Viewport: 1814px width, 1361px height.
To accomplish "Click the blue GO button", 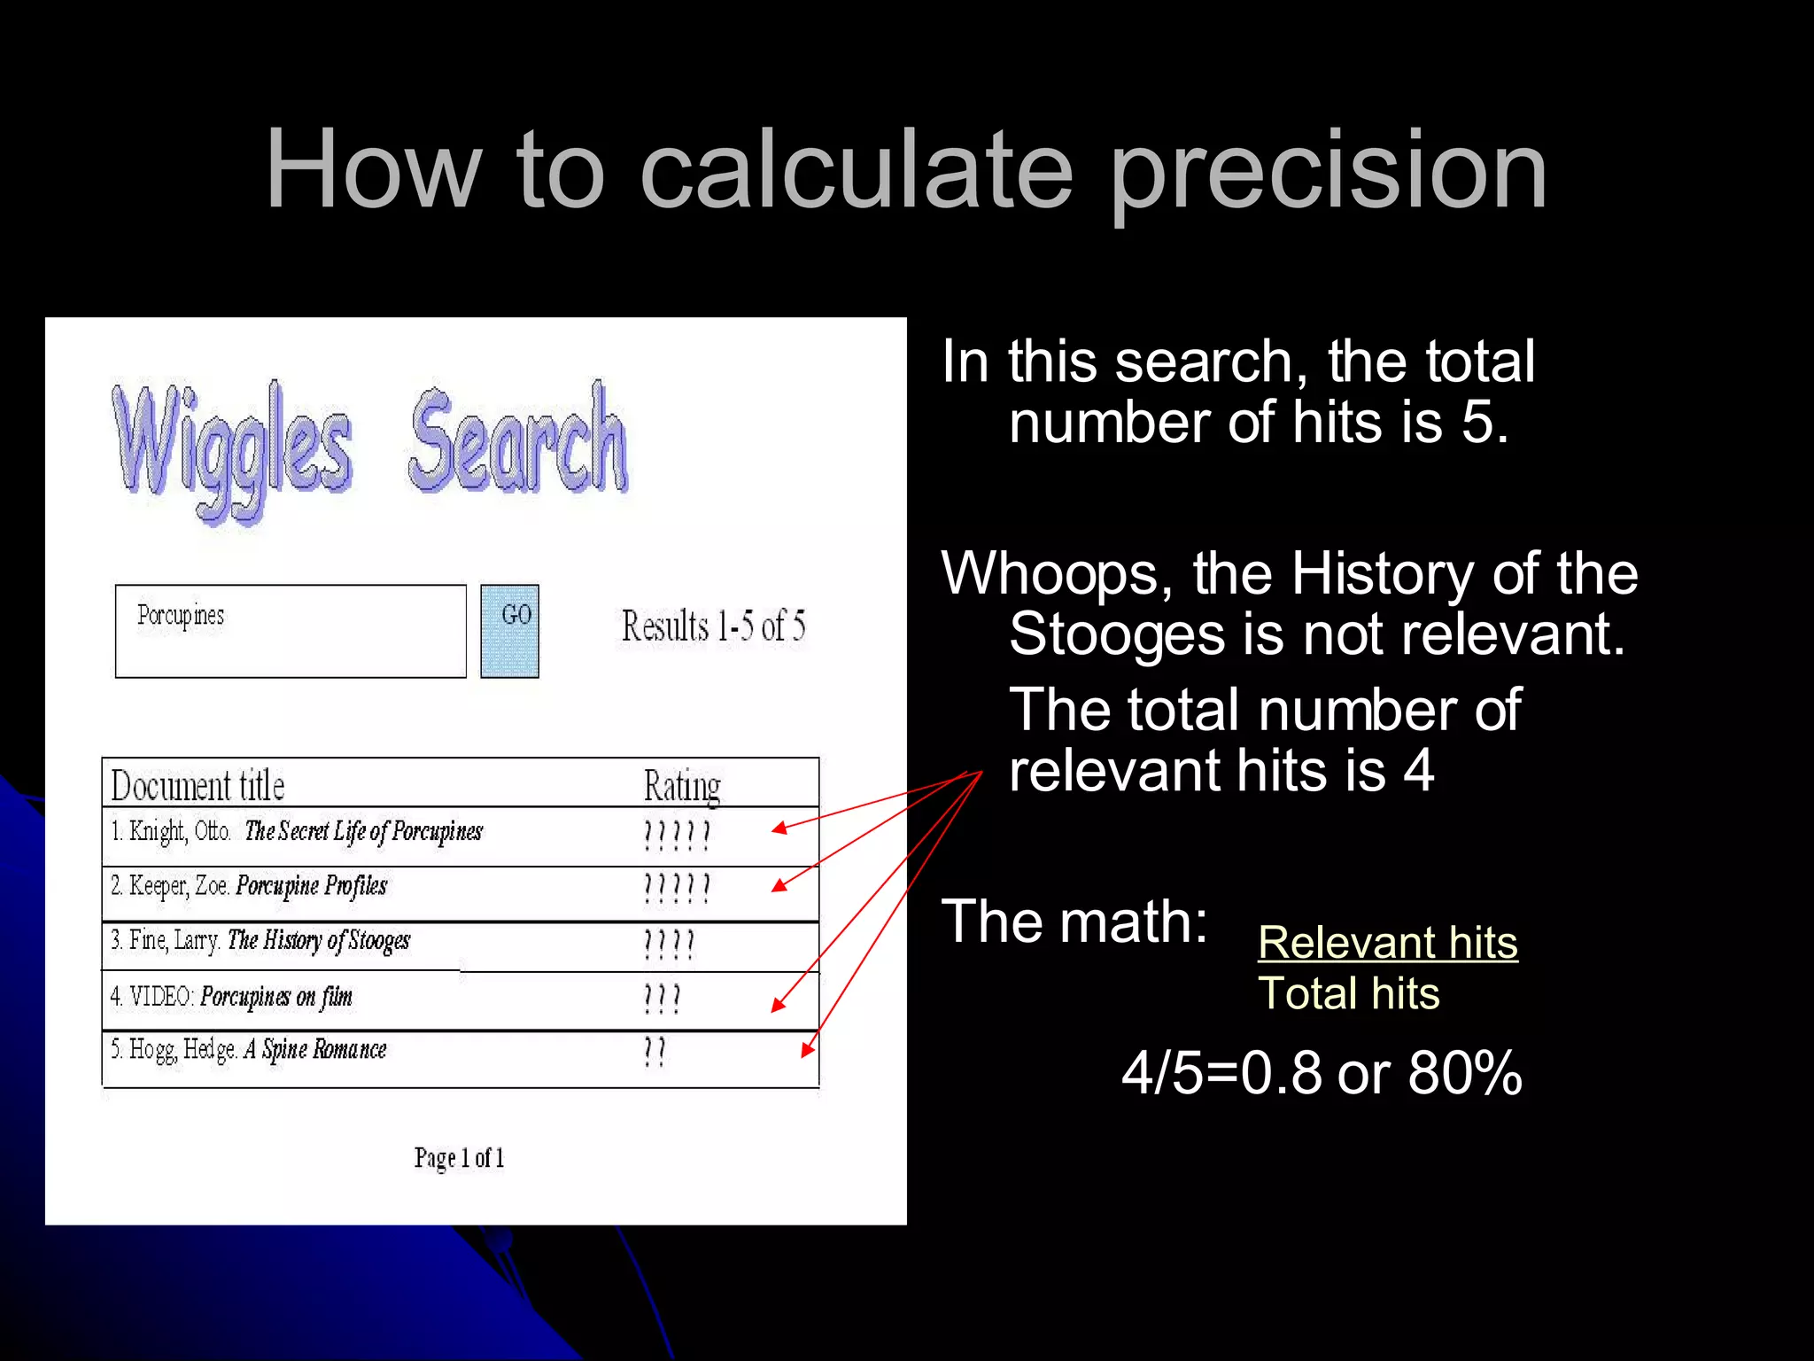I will click(x=509, y=631).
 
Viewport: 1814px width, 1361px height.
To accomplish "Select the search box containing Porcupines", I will click(x=291, y=631).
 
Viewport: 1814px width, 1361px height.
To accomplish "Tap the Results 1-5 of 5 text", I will click(x=713, y=626).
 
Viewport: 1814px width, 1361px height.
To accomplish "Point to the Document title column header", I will click(x=198, y=786).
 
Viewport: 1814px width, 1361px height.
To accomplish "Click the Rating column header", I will click(x=682, y=786).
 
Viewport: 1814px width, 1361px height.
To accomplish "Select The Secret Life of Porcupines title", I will click(x=363, y=832).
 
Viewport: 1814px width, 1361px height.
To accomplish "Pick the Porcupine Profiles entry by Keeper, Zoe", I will click(x=311, y=886).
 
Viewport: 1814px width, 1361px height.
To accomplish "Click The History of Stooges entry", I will click(x=318, y=941).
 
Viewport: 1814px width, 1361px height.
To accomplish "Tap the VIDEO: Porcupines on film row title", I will click(x=275, y=997).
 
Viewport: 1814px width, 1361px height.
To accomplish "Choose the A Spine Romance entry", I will click(x=315, y=1050).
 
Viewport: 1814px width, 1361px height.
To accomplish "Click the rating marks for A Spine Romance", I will click(x=655, y=1052).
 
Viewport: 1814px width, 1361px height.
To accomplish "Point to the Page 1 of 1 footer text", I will click(x=459, y=1158).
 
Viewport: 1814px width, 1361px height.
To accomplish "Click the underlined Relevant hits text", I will click(x=1387, y=943).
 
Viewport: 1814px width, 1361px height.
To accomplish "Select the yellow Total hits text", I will click(x=1348, y=993).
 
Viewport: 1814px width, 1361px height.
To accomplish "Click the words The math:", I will click(x=1074, y=922).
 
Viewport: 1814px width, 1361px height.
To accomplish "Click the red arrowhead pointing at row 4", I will click(x=778, y=1005).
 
